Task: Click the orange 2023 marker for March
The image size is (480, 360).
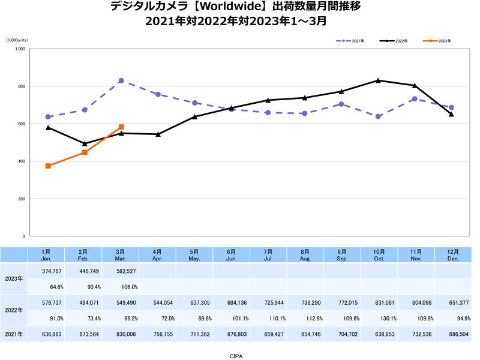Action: [x=121, y=127]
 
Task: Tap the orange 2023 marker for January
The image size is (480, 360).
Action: [x=48, y=166]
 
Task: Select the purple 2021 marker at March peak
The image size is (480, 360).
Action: [x=121, y=80]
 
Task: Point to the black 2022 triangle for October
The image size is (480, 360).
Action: [x=378, y=80]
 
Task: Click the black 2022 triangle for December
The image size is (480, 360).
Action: [x=451, y=114]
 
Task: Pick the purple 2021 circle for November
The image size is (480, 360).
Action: [x=415, y=98]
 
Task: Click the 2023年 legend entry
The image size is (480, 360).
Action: [x=441, y=41]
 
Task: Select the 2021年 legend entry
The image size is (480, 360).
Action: [x=358, y=41]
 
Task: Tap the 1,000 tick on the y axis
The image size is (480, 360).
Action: [x=20, y=49]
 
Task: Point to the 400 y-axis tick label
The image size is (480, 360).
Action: [x=21, y=161]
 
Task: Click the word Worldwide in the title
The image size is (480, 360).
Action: [x=217, y=8]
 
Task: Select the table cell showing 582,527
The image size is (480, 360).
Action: [x=121, y=271]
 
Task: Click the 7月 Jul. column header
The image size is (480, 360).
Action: [x=268, y=254]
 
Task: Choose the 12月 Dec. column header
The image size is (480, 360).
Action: [x=452, y=254]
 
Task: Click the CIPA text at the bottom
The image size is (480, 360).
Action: [x=236, y=355]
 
